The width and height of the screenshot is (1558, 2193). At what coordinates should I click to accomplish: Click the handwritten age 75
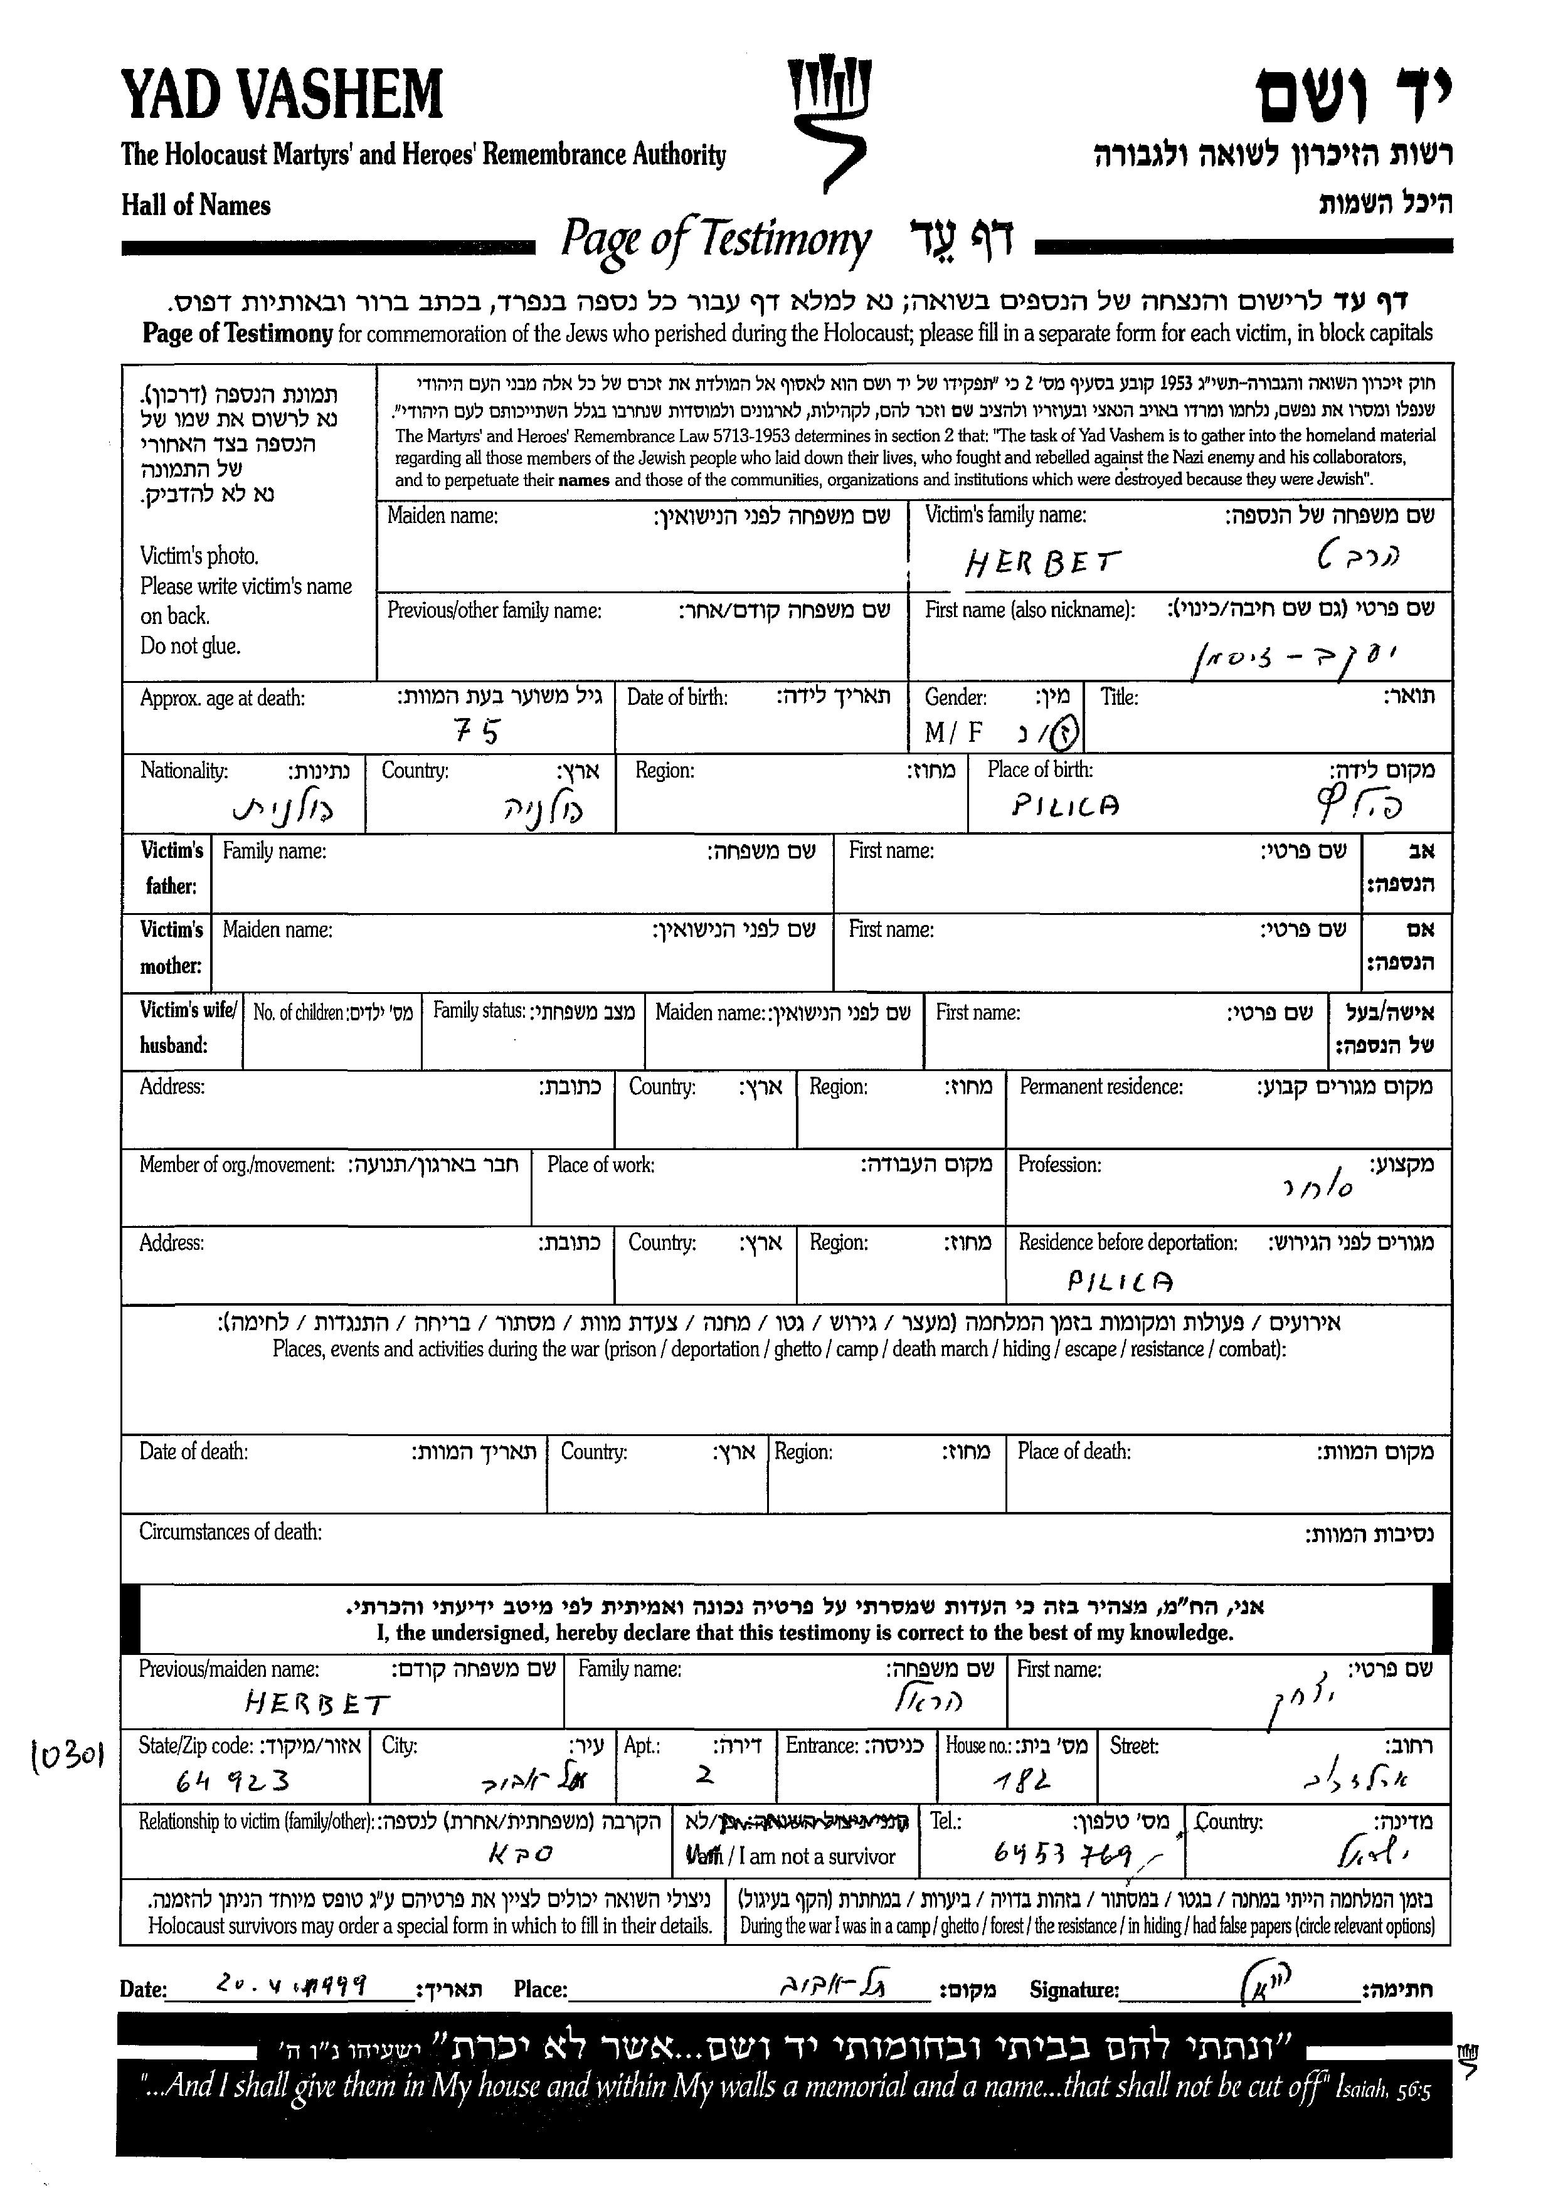click(x=477, y=732)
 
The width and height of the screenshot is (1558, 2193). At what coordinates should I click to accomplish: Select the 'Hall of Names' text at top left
click(x=196, y=205)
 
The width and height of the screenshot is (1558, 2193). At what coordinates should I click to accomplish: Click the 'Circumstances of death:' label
click(x=230, y=1532)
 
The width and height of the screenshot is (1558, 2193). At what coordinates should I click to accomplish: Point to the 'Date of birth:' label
click(x=677, y=697)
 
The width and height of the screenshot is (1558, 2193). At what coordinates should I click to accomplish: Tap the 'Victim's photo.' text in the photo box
click(x=199, y=556)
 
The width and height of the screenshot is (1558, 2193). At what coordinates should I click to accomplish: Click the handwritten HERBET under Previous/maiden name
click(x=317, y=1704)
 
